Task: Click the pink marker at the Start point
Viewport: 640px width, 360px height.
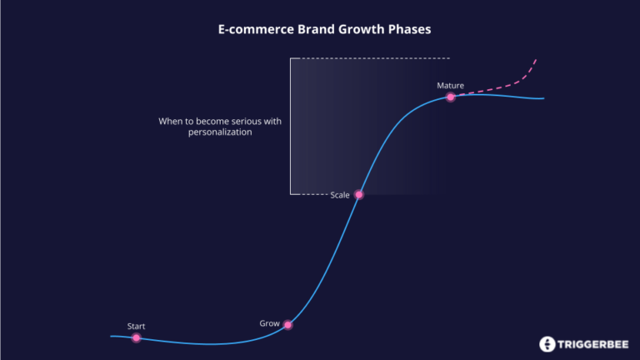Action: point(137,338)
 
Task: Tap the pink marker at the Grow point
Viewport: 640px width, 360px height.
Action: point(288,325)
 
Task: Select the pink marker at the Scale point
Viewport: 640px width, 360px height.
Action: point(359,194)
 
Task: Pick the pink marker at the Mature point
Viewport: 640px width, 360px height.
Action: point(451,97)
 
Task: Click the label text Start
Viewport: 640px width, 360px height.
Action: point(136,326)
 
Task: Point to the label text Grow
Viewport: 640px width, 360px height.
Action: point(269,322)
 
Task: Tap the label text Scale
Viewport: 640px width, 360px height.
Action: point(340,195)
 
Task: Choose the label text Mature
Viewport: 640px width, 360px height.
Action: point(450,85)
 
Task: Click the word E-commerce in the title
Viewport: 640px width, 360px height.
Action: point(243,29)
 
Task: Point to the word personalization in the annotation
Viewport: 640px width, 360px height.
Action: point(220,132)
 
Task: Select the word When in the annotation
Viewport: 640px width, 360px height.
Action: point(171,121)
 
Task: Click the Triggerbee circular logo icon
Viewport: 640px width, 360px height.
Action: point(547,343)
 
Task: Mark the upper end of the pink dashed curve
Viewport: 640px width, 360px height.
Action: point(536,60)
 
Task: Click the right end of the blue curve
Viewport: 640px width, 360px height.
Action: point(543,98)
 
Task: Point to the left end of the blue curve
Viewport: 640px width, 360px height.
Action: point(112,337)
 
